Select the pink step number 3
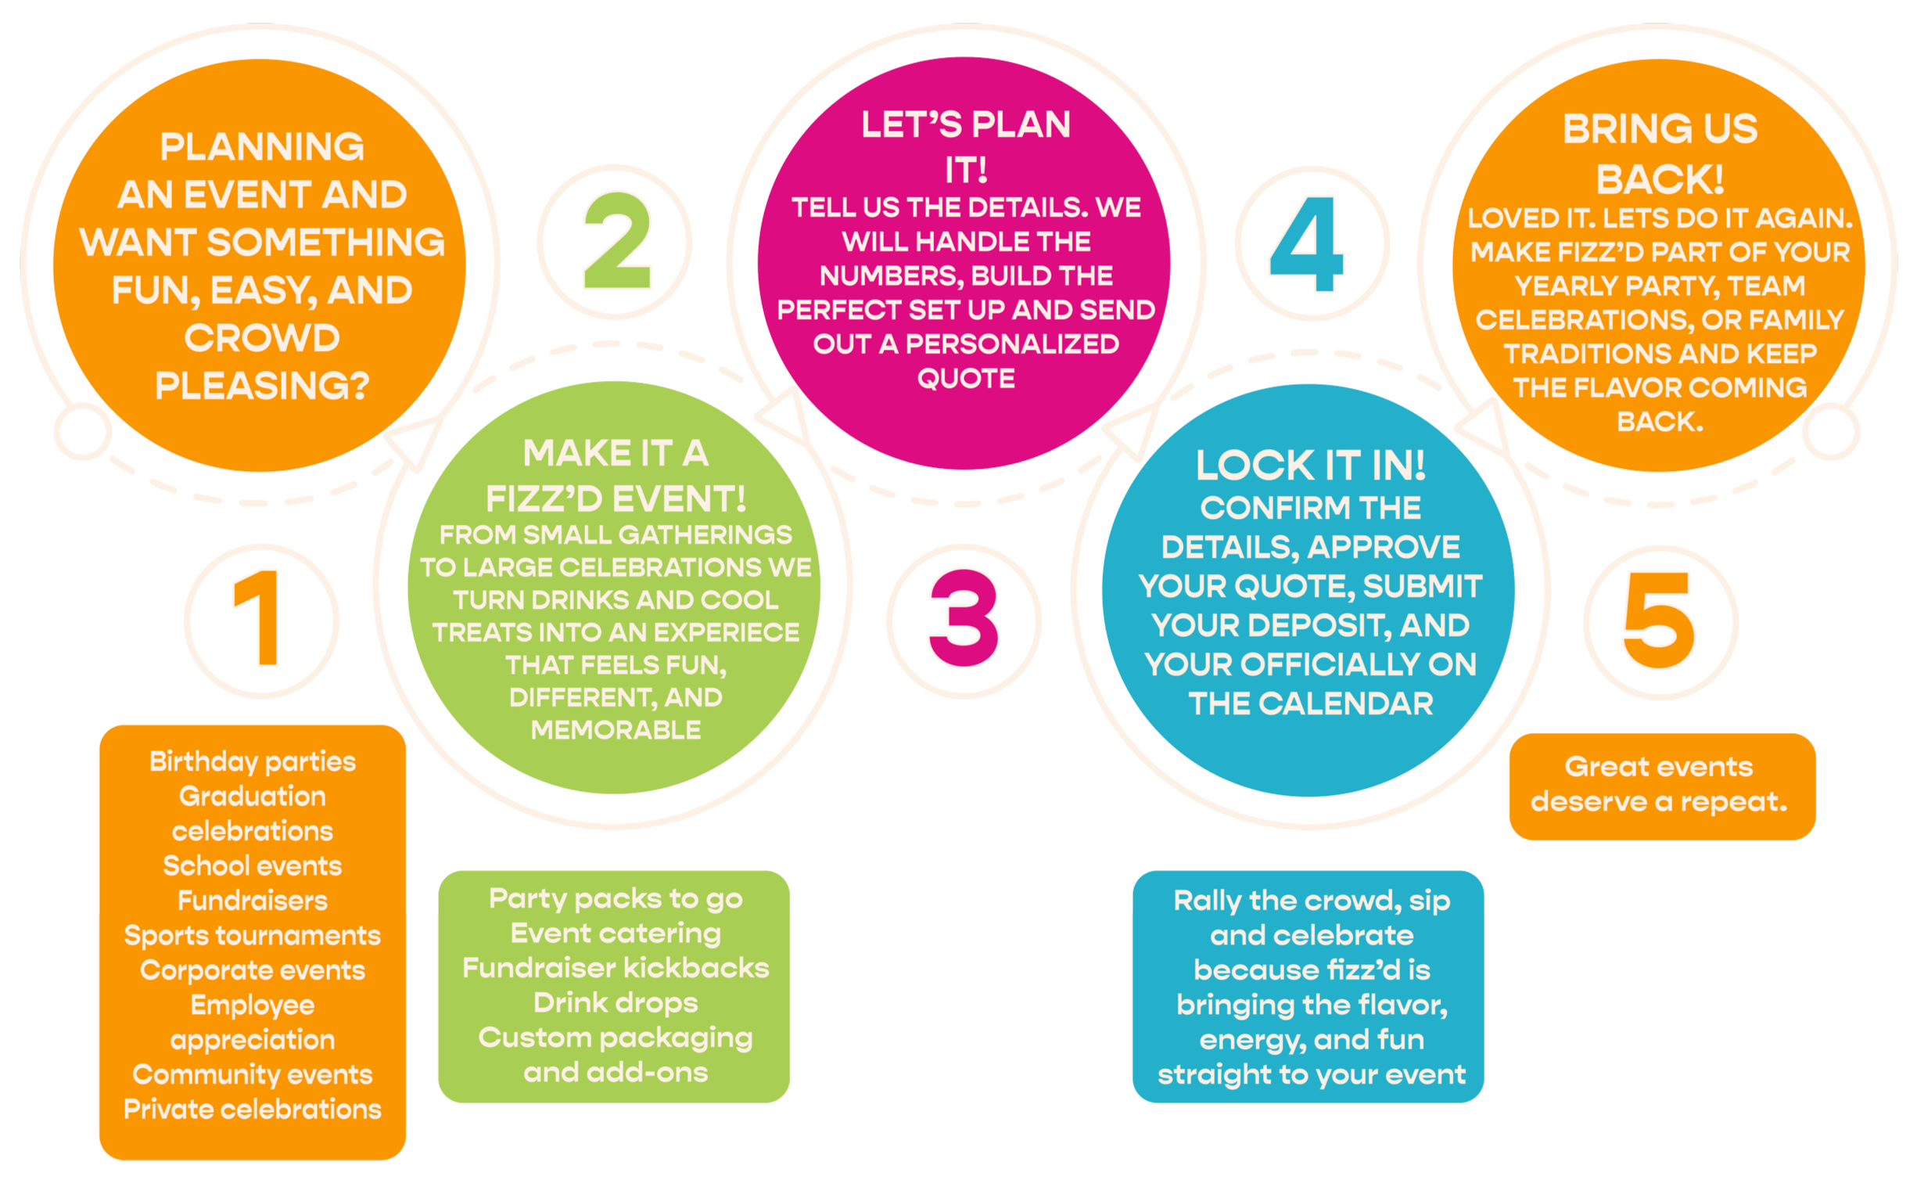(x=964, y=618)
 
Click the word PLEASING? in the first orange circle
(x=262, y=386)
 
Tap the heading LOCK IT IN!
(x=1310, y=466)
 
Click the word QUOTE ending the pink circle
(x=966, y=379)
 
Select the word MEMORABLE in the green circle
(x=616, y=730)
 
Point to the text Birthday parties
(x=253, y=761)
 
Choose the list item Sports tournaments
(x=253, y=935)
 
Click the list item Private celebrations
(x=253, y=1109)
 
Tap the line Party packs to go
(x=616, y=898)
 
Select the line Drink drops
(x=616, y=1002)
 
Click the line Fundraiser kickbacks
(x=616, y=968)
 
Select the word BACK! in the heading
(x=1660, y=180)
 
